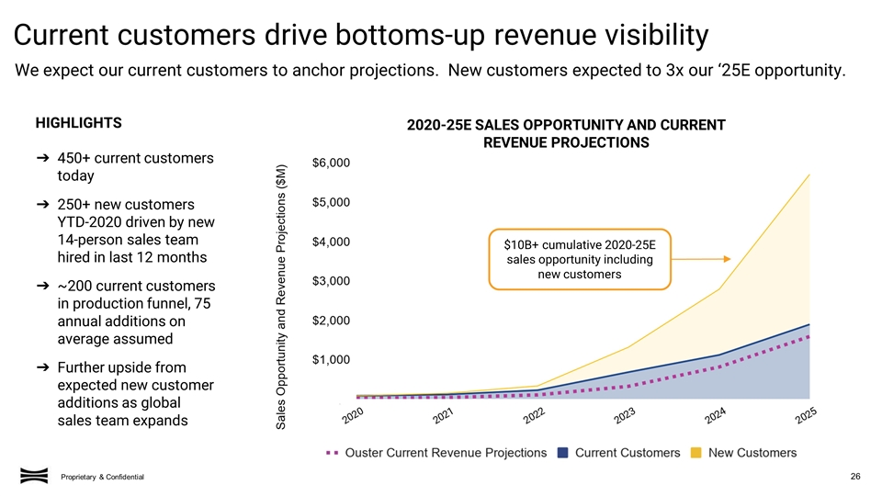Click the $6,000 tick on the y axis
pos(331,163)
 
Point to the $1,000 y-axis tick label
pos(331,359)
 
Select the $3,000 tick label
pos(331,280)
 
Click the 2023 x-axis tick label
pos(626,417)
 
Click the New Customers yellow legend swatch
pos(697,452)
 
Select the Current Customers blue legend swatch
pos(563,452)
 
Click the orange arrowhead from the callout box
pos(725,258)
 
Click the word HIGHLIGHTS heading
pos(78,123)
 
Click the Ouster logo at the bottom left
pos(34,474)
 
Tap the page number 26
pos(855,475)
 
